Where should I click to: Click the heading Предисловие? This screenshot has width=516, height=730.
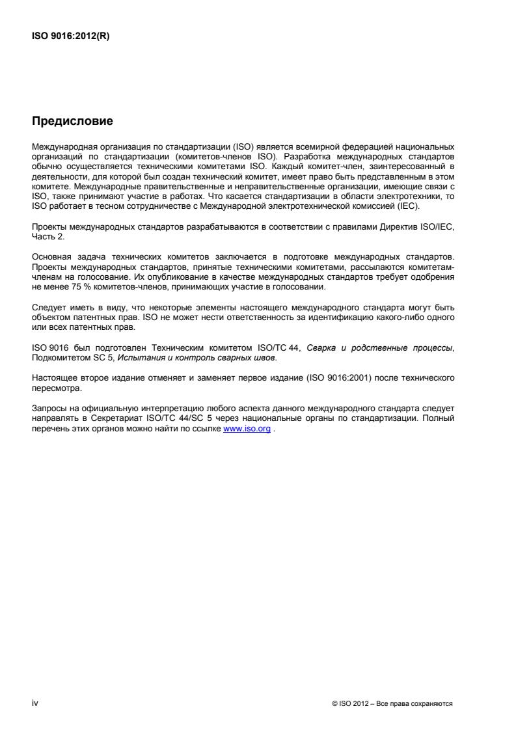tap(72, 121)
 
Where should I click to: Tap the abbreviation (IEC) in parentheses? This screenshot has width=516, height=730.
tap(409, 206)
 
